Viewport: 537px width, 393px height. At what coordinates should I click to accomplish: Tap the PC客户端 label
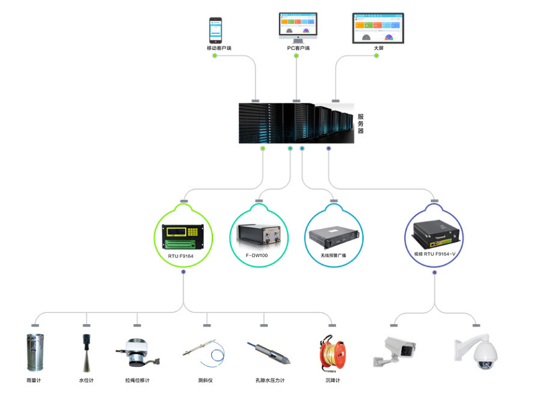pos(298,48)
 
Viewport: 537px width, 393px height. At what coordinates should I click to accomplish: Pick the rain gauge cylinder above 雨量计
pos(34,352)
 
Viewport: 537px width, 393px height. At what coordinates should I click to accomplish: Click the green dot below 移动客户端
pos(214,56)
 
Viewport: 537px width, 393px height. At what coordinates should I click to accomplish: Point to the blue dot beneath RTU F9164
pos(183,272)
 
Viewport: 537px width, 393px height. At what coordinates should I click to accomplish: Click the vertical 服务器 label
pos(360,123)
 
